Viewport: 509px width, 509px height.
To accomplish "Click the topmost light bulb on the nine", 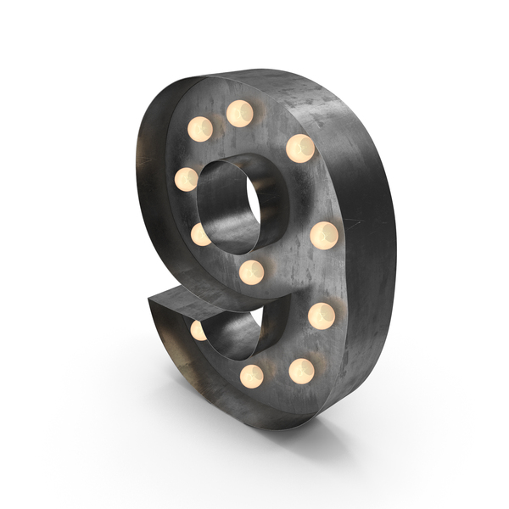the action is (x=239, y=114).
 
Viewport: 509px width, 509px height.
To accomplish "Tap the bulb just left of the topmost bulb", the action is (x=200, y=129).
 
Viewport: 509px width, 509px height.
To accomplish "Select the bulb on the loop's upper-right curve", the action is (x=300, y=148).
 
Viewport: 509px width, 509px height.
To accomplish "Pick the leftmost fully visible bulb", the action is (x=187, y=180).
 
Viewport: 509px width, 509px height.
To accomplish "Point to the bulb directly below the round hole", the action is (x=252, y=272).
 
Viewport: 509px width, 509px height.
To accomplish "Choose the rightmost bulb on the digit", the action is (x=324, y=236).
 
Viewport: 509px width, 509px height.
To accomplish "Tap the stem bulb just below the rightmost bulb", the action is (x=322, y=316).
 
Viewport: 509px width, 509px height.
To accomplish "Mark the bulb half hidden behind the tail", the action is (x=199, y=331).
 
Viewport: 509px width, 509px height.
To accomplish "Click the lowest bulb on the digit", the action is (x=252, y=377).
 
